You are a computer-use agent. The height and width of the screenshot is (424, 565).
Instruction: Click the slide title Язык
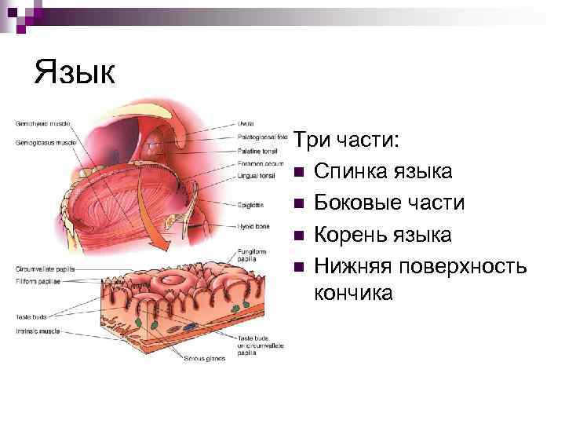(75, 74)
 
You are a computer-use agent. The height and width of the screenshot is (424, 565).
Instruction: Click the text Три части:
(347, 141)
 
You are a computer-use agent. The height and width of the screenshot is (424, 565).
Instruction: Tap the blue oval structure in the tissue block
(191, 324)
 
